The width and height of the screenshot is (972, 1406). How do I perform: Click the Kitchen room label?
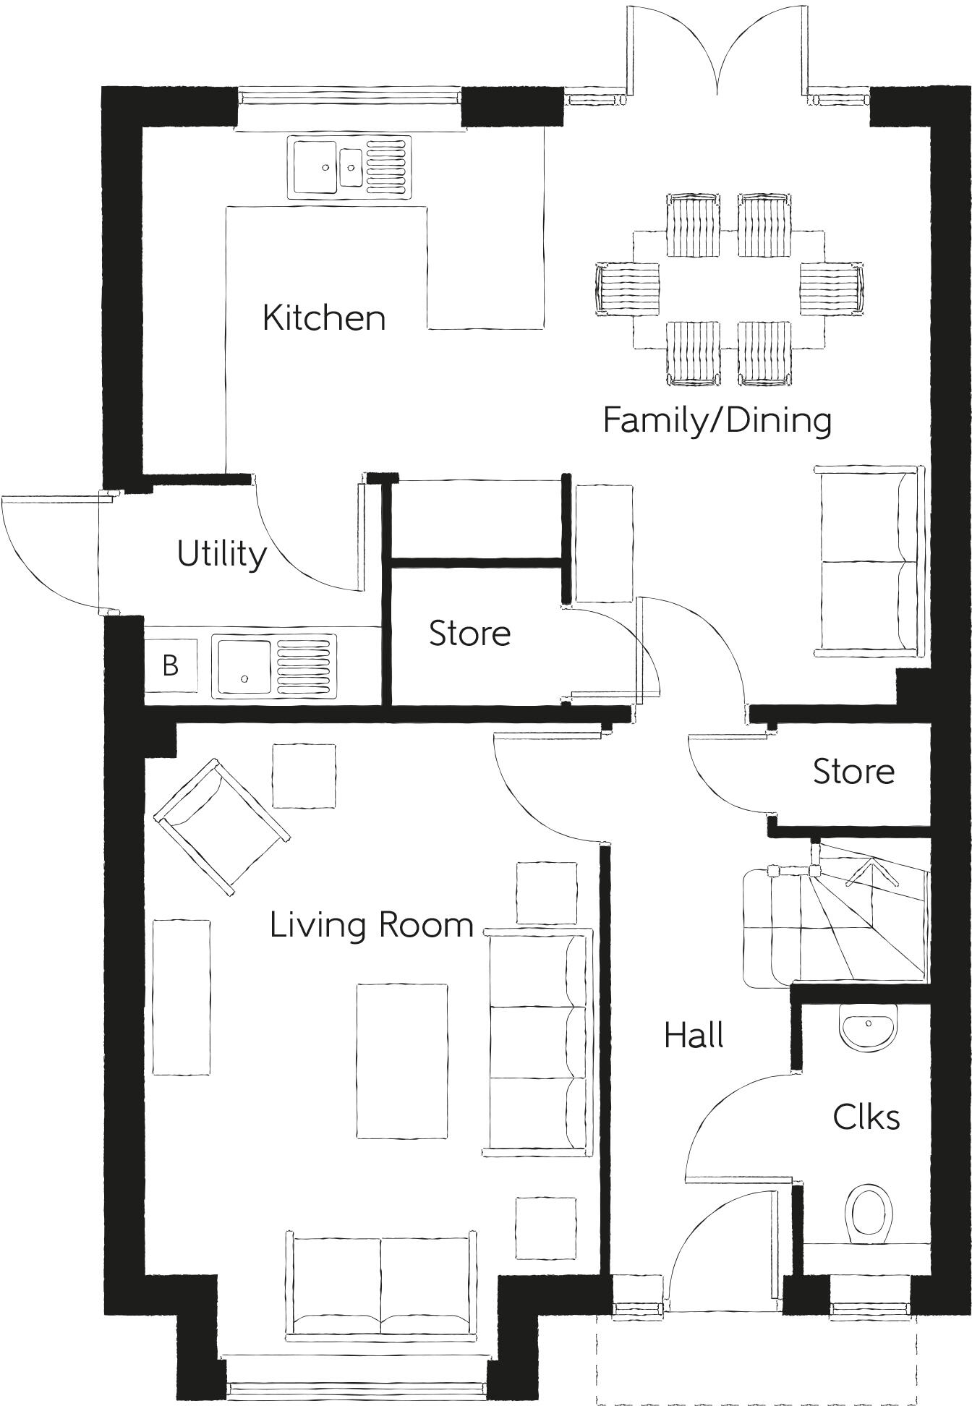click(323, 318)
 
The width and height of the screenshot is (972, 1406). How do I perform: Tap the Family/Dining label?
click(717, 420)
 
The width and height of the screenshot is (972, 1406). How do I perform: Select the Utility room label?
click(221, 555)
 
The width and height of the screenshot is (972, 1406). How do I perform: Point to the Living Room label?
click(371, 925)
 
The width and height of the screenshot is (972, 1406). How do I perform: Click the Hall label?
click(694, 1036)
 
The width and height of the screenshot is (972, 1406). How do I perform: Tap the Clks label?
click(866, 1117)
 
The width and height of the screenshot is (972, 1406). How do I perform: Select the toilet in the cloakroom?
click(868, 1212)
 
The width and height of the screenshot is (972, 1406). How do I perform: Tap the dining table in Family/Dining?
click(728, 289)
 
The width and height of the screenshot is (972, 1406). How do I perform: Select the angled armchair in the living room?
click(221, 826)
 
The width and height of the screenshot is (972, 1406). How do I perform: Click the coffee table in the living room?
click(401, 1060)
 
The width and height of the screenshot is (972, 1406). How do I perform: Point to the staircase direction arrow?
click(872, 872)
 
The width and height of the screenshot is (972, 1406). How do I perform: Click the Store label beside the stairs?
click(853, 772)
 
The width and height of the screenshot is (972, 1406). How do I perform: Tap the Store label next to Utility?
click(469, 634)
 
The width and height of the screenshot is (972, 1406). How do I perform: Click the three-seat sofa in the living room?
click(539, 1041)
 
